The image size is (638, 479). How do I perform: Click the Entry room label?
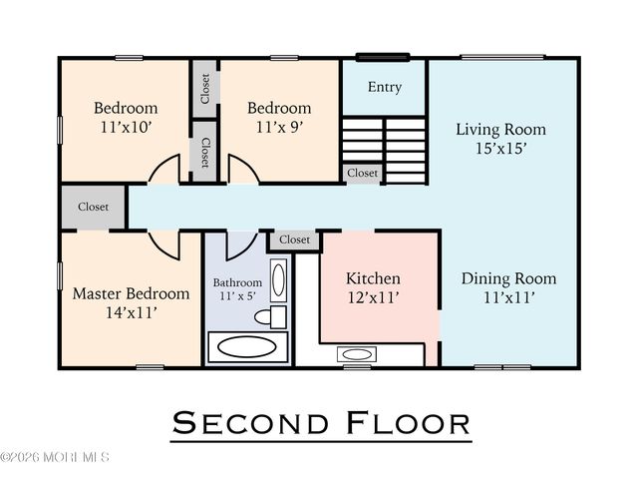point(385,87)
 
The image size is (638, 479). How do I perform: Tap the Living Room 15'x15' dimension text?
point(500,149)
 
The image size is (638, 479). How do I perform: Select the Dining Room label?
point(508,278)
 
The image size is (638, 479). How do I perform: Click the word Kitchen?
point(373,278)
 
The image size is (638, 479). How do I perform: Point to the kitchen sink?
point(357,354)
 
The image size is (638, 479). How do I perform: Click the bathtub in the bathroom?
point(247,347)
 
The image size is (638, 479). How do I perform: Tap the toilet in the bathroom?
point(270,316)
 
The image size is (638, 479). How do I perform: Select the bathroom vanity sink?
point(278,280)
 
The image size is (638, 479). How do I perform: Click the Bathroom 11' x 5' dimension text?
point(237,296)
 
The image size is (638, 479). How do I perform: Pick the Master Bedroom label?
point(131,293)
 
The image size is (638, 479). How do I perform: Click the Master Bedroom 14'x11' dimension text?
point(131,312)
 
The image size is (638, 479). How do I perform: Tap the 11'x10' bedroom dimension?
point(126,127)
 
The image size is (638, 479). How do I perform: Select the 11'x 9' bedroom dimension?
point(279,127)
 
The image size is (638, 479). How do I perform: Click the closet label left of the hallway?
point(93,207)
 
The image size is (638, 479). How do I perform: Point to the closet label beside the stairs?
point(362,173)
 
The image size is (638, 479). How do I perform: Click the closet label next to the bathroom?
point(295,239)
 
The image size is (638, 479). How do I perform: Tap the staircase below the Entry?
point(385,151)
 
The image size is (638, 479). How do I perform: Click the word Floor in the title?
point(408,423)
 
